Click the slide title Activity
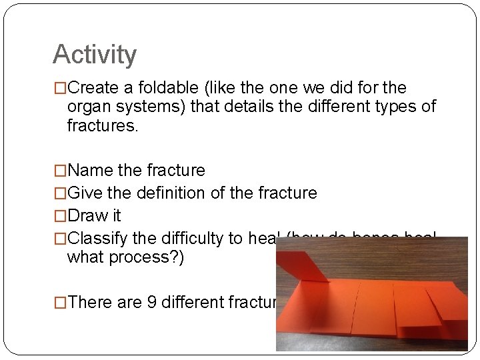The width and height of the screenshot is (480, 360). click(x=94, y=55)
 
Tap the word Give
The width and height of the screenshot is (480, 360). click(x=85, y=193)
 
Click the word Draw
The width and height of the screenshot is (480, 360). click(x=87, y=216)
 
